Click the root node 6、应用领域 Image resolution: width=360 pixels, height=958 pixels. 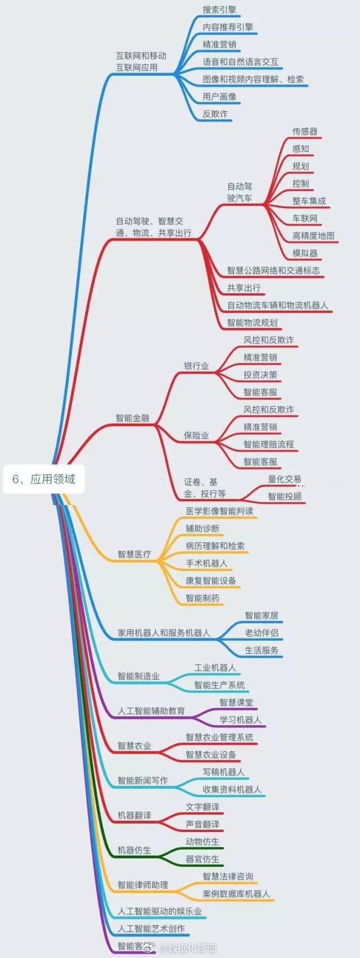[44, 479]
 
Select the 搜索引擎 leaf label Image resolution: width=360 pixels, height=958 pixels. [219, 10]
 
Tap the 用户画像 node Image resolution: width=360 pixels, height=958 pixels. [219, 97]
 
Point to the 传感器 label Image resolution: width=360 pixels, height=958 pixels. [305, 131]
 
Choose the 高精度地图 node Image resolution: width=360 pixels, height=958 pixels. [313, 236]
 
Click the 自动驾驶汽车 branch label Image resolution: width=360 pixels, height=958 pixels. [240, 192]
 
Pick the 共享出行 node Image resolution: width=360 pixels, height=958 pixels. [244, 288]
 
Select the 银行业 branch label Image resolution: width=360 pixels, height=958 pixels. [196, 366]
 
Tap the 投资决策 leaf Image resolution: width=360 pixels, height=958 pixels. [260, 375]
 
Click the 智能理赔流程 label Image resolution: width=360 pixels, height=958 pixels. [268, 444]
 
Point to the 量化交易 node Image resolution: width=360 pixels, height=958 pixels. [285, 479]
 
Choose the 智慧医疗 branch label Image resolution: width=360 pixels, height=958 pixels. [134, 554]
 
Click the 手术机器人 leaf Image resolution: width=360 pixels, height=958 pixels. [206, 563]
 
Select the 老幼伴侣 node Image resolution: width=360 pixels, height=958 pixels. [262, 633]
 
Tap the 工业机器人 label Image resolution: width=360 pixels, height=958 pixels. [215, 668]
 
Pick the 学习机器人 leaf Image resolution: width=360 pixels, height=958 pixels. [240, 720]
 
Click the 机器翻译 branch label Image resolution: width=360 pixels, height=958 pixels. [134, 815]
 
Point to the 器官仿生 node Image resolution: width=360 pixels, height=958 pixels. [202, 859]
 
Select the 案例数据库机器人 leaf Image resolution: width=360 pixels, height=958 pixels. [236, 894]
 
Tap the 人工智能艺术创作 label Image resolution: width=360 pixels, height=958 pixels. [151, 929]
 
